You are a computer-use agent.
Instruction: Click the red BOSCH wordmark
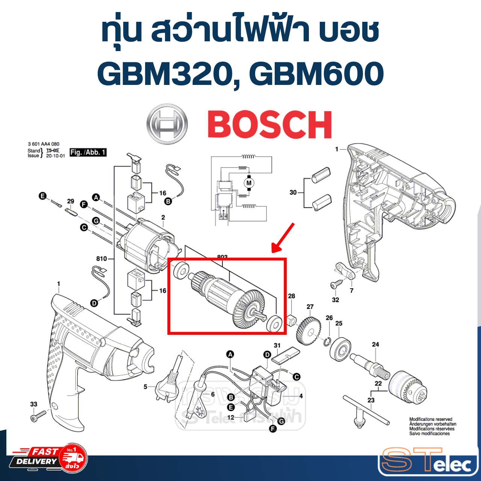(x=269, y=125)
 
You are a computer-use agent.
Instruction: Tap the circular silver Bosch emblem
(x=167, y=124)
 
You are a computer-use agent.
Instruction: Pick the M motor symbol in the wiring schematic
(x=248, y=183)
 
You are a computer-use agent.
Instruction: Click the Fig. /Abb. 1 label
(x=88, y=152)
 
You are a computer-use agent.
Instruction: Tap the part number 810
(x=101, y=259)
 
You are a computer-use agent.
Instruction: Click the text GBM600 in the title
(x=316, y=74)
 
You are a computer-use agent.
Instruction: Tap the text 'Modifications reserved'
(x=431, y=419)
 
